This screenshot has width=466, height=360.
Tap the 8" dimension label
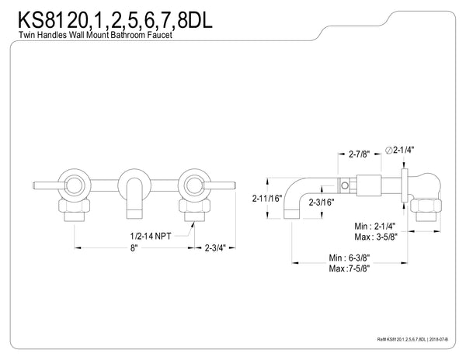coord(134,248)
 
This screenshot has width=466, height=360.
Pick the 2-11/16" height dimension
coord(266,198)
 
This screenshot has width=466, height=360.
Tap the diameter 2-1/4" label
coord(402,150)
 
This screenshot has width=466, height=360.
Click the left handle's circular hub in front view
coord(75,186)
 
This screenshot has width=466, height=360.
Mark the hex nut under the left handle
coord(75,209)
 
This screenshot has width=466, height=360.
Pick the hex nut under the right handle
coord(192,209)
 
